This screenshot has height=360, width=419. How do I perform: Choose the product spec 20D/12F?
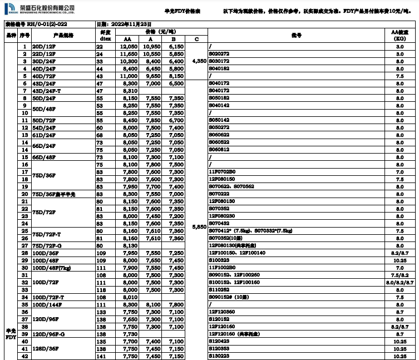[x=44, y=47]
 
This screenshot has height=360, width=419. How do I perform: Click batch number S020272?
[x=219, y=54]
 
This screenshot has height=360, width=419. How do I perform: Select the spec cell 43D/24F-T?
[x=47, y=90]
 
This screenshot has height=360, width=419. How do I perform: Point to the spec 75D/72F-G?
[x=47, y=245]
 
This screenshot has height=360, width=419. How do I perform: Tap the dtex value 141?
[x=101, y=356]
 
